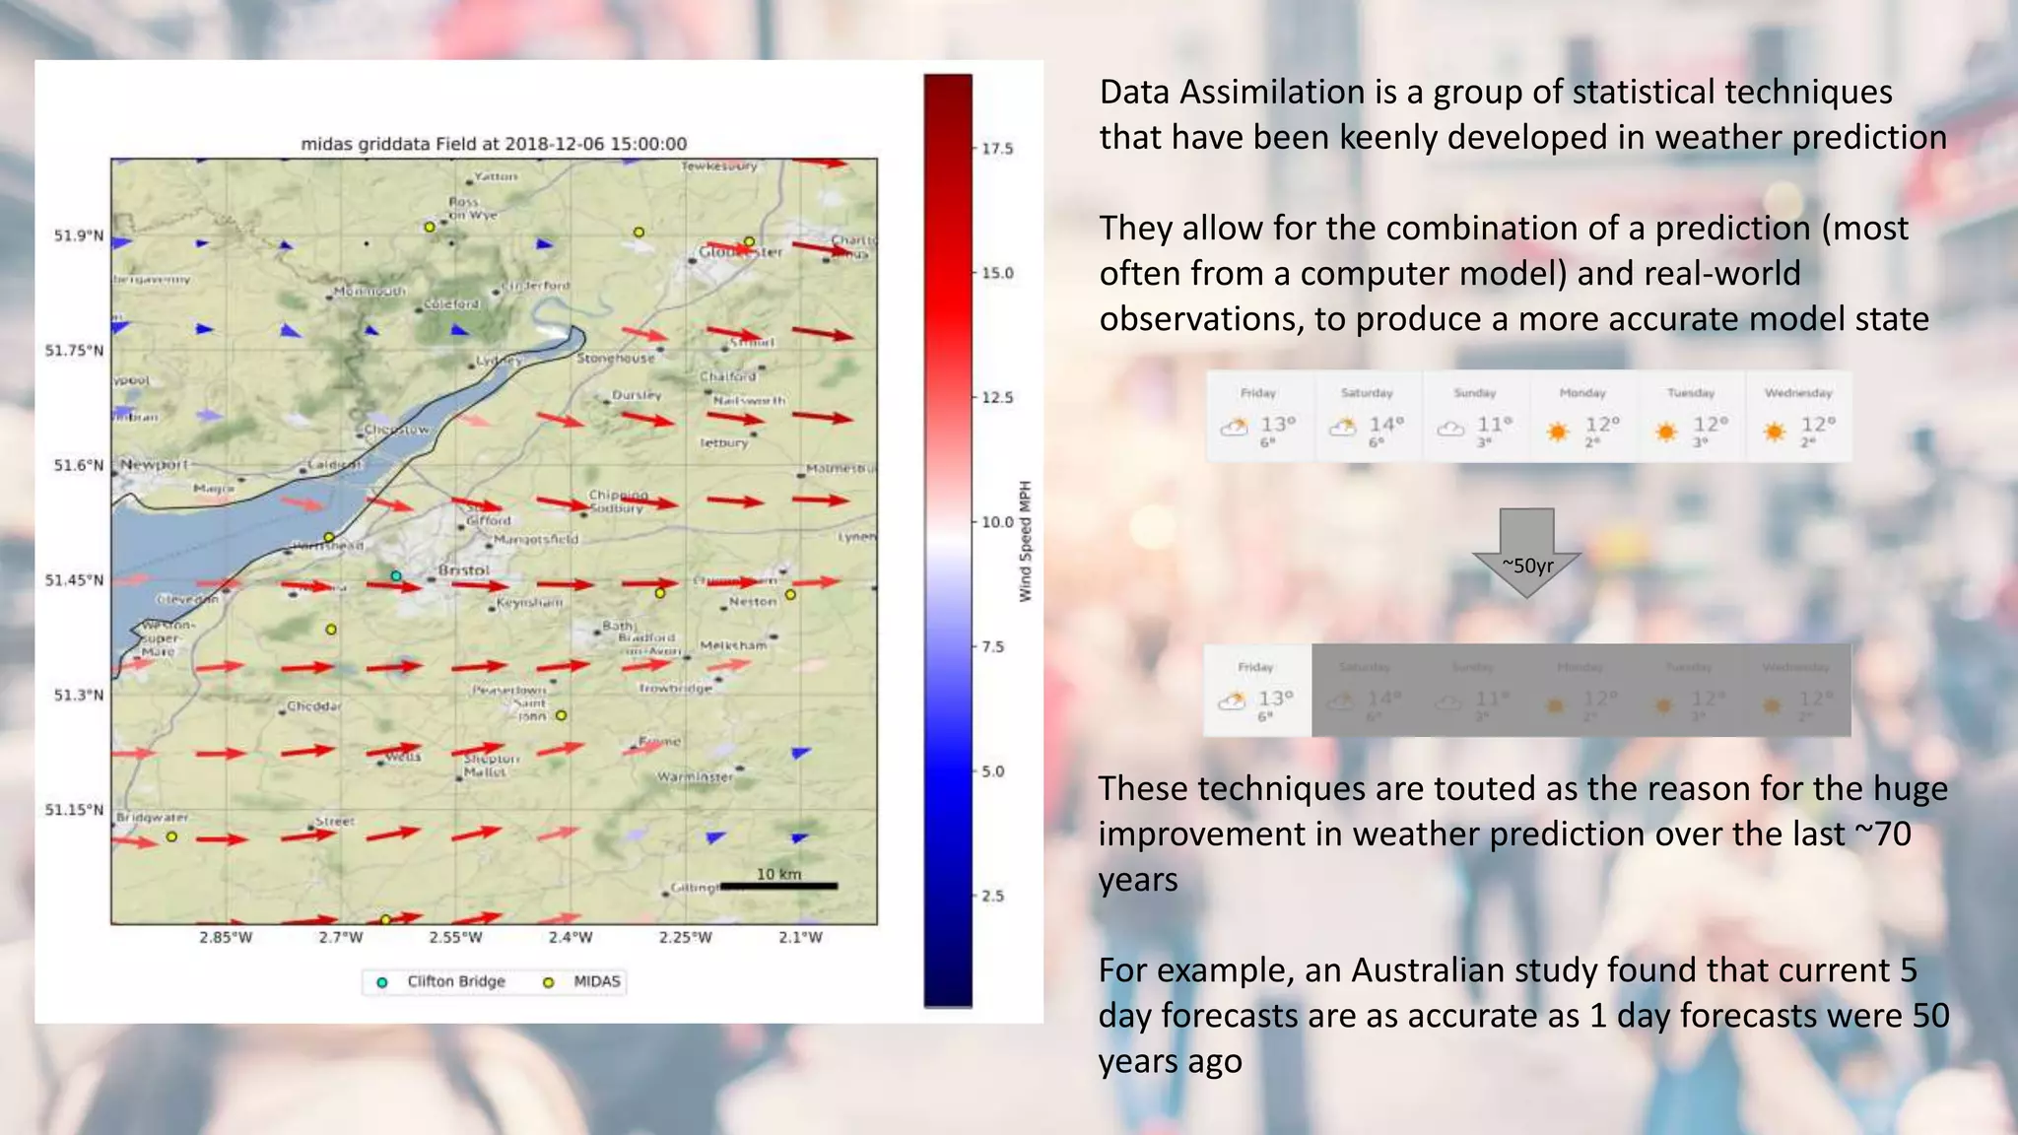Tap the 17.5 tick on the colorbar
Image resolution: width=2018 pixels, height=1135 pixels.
(x=996, y=149)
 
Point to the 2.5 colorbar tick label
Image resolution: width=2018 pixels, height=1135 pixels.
(x=992, y=896)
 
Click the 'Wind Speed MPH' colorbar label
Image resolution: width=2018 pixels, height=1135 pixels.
(x=1025, y=541)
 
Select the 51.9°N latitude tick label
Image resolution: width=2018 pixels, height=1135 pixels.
(x=79, y=235)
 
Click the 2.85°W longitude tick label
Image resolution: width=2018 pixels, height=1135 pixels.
(x=226, y=937)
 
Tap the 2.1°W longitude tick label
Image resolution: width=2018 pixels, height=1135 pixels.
(x=800, y=937)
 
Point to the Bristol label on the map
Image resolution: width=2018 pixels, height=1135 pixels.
(x=463, y=570)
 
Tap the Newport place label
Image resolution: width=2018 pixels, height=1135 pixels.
(x=154, y=464)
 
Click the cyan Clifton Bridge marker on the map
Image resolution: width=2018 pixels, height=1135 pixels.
(x=396, y=575)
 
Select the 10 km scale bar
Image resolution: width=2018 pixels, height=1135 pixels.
(x=778, y=885)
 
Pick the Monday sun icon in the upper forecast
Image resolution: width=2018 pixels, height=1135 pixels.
(x=1558, y=432)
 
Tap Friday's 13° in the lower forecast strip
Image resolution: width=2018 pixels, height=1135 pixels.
(x=1275, y=699)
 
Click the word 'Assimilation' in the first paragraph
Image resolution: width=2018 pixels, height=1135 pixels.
(x=1276, y=92)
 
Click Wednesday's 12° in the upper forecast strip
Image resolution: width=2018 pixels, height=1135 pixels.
(x=1818, y=425)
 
